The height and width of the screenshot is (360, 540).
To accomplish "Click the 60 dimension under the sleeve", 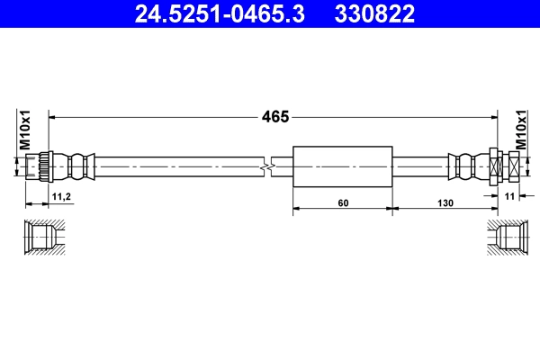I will [342, 203].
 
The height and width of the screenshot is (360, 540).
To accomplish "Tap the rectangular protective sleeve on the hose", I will [343, 166].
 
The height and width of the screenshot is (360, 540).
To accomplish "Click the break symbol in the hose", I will [267, 166].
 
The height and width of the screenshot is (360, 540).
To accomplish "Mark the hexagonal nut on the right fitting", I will [498, 166].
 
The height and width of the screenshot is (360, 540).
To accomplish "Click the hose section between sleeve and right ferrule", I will [420, 166].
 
